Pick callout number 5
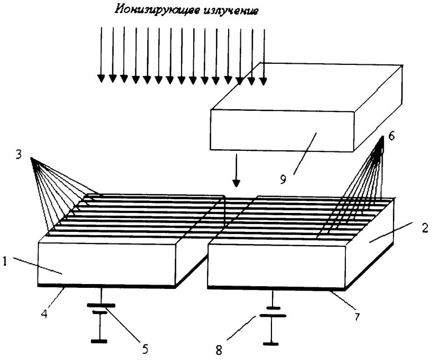(145, 349)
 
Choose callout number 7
(355, 317)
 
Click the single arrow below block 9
(236, 172)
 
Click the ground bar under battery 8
(271, 344)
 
